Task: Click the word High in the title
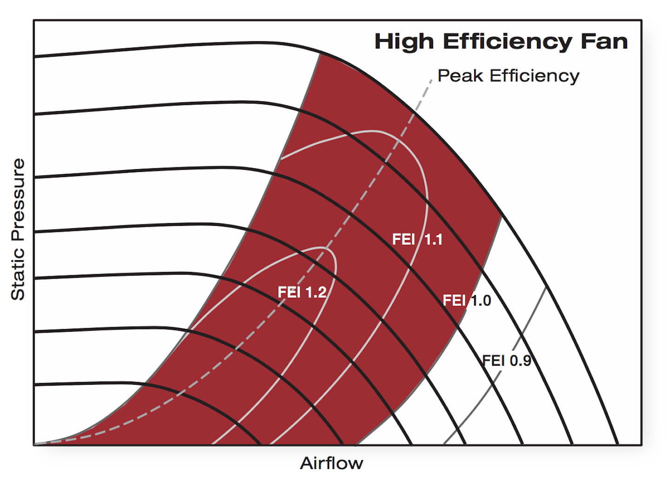pyautogui.click(x=404, y=42)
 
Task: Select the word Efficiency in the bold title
pyautogui.click(x=507, y=42)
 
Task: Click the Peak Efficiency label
pyautogui.click(x=508, y=76)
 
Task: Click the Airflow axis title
pyautogui.click(x=331, y=463)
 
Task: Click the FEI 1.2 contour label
pyautogui.click(x=302, y=292)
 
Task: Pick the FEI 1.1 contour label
pyautogui.click(x=417, y=240)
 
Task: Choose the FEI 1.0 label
pyautogui.click(x=467, y=301)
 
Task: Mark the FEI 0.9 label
pyautogui.click(x=506, y=361)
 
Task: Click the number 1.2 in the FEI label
pyautogui.click(x=316, y=292)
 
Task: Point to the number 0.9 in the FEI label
pyautogui.click(x=520, y=361)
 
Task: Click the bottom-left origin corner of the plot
pyautogui.click(x=34, y=445)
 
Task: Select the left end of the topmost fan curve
pyautogui.click(x=35, y=56)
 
